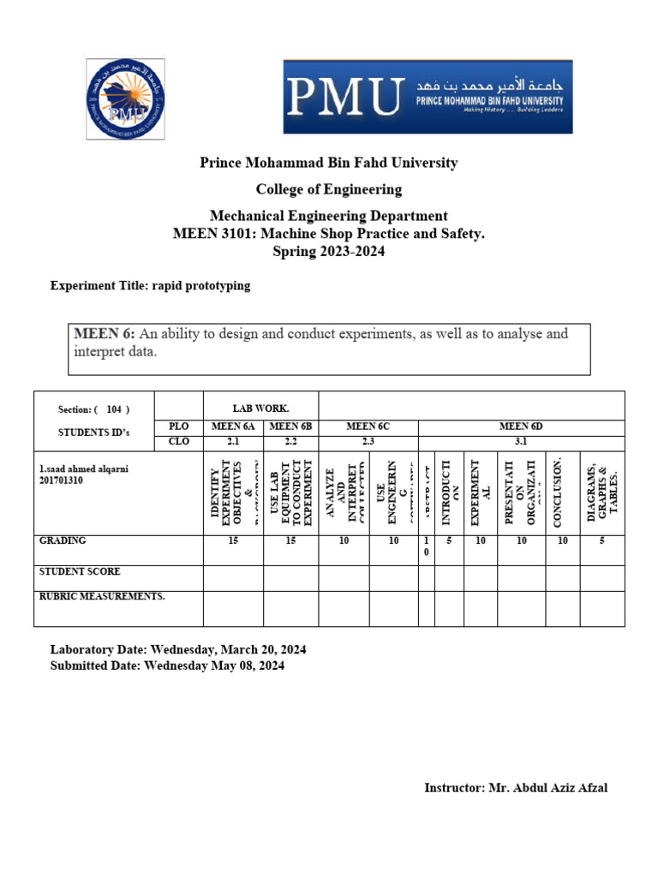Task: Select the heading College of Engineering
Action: point(329,189)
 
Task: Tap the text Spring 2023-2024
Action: point(329,251)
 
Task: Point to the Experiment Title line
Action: point(151,286)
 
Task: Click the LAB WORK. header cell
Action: point(260,409)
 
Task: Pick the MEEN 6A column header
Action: point(233,426)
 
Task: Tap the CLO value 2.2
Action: point(290,442)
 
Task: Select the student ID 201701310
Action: point(64,480)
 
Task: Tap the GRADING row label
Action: point(63,541)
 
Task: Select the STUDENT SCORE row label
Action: point(80,571)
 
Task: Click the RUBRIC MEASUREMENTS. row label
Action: point(102,596)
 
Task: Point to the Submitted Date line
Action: point(167,665)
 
